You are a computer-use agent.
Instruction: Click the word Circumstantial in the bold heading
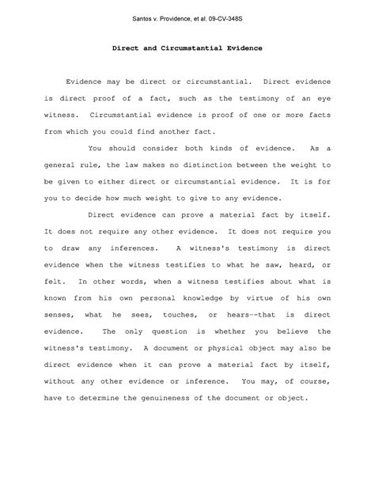[187, 48]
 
